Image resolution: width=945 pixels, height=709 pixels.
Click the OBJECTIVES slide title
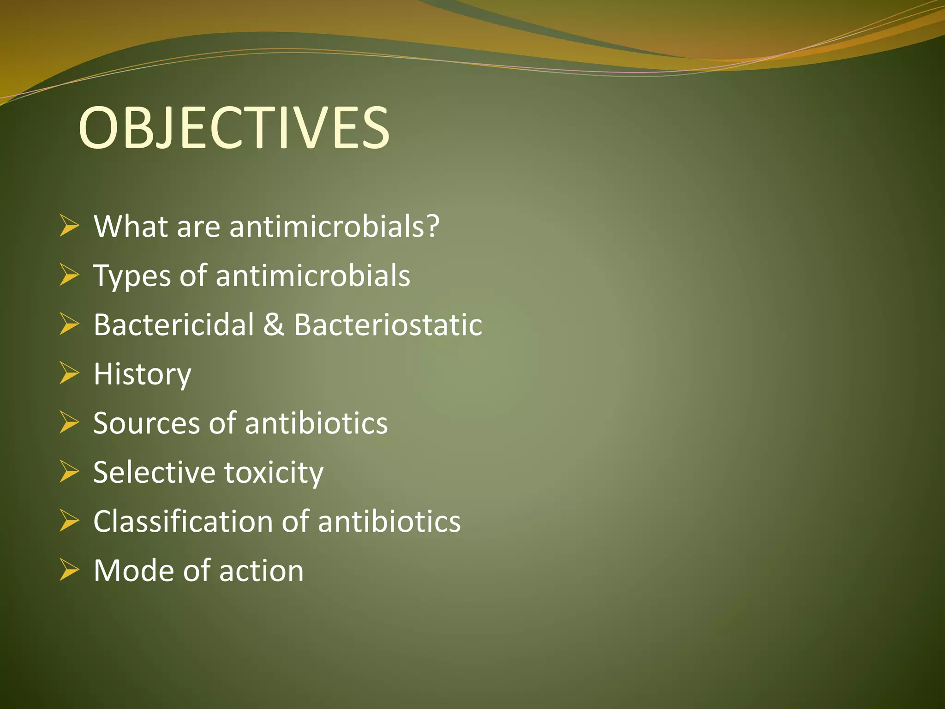(234, 128)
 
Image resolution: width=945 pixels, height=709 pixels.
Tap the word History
(142, 374)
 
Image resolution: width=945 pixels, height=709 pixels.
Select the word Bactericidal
(173, 324)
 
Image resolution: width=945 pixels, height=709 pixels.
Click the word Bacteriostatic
(388, 324)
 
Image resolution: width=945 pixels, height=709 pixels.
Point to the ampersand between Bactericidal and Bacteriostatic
(274, 324)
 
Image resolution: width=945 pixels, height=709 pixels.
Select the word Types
(131, 276)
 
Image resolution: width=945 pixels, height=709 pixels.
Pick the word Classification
(183, 522)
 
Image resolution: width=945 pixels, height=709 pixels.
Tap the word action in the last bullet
(261, 571)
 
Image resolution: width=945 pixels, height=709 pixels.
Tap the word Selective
(154, 472)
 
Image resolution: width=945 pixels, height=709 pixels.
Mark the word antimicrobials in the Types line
(312, 276)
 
